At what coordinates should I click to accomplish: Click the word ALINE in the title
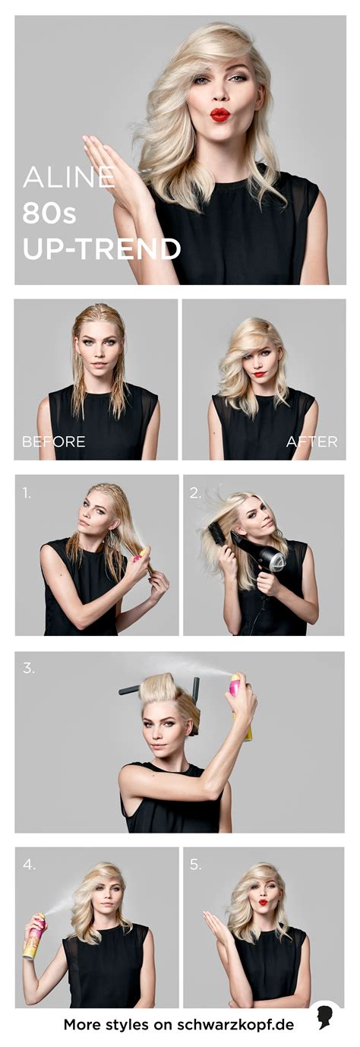68,177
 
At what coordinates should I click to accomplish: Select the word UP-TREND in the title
101,248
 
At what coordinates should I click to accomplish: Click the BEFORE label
54,441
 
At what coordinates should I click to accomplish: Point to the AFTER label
311,441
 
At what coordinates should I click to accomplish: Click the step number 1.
27,492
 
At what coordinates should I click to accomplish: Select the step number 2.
195,492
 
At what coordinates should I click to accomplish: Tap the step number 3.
29,668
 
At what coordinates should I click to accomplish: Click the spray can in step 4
35,921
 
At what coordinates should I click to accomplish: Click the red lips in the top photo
220,114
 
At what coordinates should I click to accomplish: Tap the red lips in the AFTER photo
259,374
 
